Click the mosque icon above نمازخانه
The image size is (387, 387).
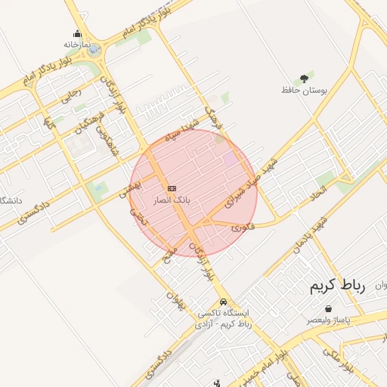(x=77, y=33)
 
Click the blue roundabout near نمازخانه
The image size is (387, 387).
(x=93, y=51)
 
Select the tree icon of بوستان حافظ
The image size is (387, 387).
(x=304, y=78)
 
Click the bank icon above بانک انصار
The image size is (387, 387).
(x=172, y=187)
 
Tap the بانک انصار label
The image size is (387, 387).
(x=172, y=200)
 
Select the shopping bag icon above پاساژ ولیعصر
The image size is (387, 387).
(x=329, y=308)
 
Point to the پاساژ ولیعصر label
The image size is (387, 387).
(x=329, y=320)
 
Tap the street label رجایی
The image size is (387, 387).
(x=70, y=97)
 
